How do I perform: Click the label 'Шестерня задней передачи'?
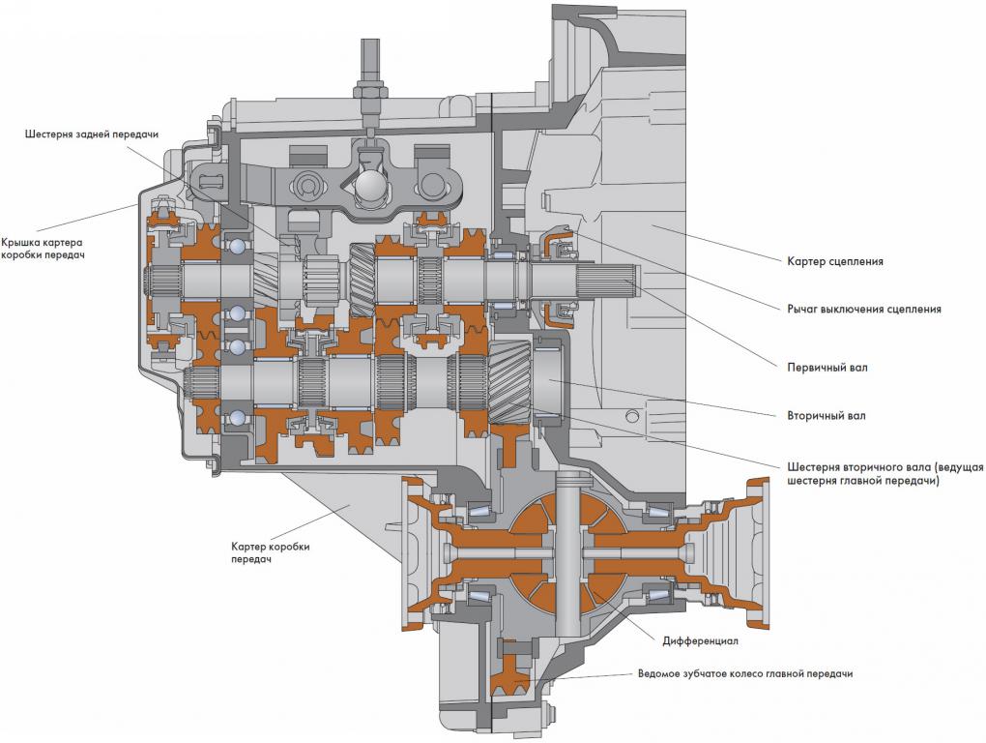pyautogui.click(x=92, y=134)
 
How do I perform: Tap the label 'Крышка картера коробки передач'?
pyautogui.click(x=43, y=249)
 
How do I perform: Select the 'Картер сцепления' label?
pyautogui.click(x=835, y=261)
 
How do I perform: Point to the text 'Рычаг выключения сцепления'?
pyautogui.click(x=864, y=309)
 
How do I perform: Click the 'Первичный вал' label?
pyautogui.click(x=826, y=367)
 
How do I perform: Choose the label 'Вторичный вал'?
pyautogui.click(x=826, y=416)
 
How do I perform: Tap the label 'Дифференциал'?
pyautogui.click(x=700, y=641)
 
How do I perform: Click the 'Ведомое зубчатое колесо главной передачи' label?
pyautogui.click(x=745, y=673)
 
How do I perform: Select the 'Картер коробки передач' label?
pyautogui.click(x=270, y=552)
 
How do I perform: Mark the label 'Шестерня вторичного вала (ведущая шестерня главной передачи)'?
pyautogui.click(x=884, y=474)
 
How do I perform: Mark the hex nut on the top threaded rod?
pyautogui.click(x=369, y=92)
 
